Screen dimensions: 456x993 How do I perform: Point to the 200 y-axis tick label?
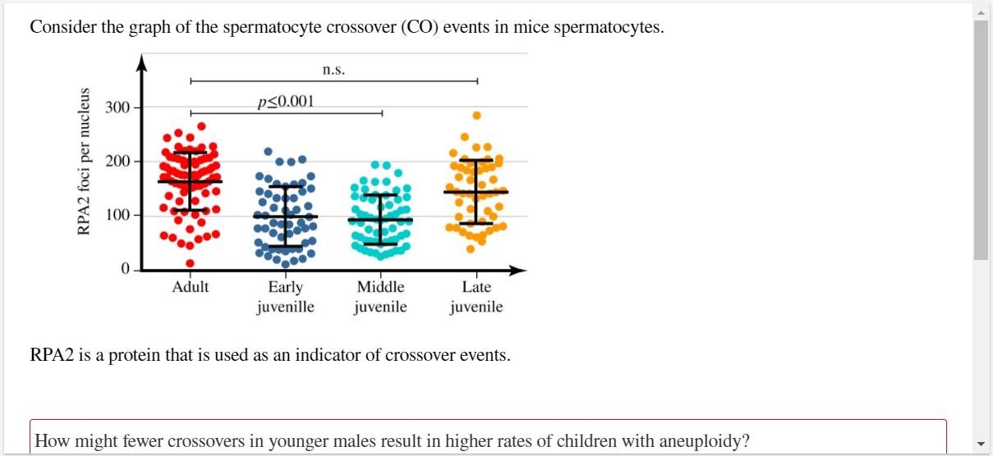[x=117, y=162]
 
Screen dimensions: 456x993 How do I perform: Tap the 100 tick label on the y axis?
[x=117, y=216]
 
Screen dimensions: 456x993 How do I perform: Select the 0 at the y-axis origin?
[x=126, y=269]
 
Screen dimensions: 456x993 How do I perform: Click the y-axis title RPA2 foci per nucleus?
[x=83, y=161]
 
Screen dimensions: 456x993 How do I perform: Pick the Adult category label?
[x=191, y=287]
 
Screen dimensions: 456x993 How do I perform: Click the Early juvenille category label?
[x=285, y=297]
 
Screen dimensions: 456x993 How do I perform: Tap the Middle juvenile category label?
[x=381, y=297]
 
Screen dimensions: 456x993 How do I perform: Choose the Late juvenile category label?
[x=476, y=297]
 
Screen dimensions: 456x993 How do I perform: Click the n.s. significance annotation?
[x=333, y=70]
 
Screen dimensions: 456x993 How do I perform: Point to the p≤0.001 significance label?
[x=285, y=103]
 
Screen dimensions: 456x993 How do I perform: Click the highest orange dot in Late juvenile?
[x=476, y=116]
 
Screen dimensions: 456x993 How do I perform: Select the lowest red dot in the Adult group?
[x=190, y=263]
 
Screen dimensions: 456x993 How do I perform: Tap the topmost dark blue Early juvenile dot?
[x=268, y=152]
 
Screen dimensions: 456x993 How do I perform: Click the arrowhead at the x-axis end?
[x=519, y=269]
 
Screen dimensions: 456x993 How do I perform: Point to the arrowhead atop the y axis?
[x=142, y=61]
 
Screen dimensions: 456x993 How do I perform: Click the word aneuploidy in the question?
[x=706, y=441]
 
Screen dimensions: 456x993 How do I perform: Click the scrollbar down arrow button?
[x=981, y=448]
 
